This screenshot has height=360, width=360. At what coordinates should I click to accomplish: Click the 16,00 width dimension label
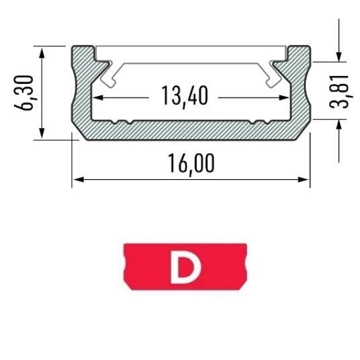[x=191, y=164]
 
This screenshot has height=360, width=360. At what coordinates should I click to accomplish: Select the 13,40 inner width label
[x=185, y=96]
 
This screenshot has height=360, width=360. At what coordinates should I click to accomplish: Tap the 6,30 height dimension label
[x=24, y=93]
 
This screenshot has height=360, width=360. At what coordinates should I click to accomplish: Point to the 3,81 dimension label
[x=339, y=91]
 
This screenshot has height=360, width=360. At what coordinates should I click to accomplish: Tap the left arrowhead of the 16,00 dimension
[x=79, y=179]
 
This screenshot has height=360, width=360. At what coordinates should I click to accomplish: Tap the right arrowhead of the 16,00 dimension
[x=303, y=179]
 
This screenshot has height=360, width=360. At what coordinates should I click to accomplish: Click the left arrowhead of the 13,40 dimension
[x=98, y=97]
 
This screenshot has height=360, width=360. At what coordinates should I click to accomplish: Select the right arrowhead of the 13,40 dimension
[x=284, y=97]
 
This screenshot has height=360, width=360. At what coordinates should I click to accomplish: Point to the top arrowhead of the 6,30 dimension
[x=42, y=53]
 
